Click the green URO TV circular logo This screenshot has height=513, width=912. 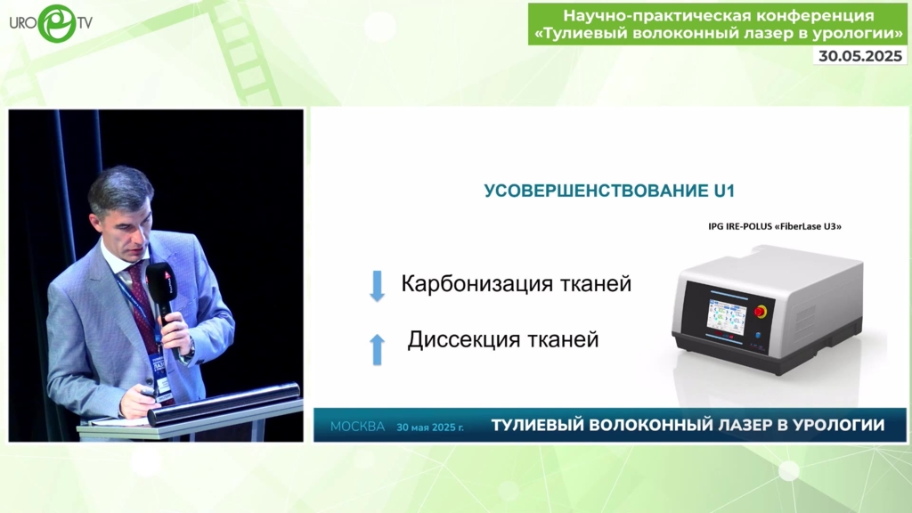coord(57,23)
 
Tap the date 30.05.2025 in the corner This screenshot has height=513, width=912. coord(860,56)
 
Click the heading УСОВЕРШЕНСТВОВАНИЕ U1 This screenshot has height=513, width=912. coord(609,191)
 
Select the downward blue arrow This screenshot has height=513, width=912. coord(378,286)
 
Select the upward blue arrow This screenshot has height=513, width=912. coord(378,349)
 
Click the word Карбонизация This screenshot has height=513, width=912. coord(477,284)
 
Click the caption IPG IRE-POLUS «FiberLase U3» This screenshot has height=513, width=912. coord(775,226)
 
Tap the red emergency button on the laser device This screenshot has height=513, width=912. coord(761,312)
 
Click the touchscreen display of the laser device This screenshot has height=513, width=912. coord(727,317)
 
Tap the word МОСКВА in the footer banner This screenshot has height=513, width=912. coord(358,427)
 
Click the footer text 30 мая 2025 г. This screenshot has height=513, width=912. coord(430,427)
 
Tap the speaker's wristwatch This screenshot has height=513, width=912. coord(189,349)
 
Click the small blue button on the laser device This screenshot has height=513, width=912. coord(758,336)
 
